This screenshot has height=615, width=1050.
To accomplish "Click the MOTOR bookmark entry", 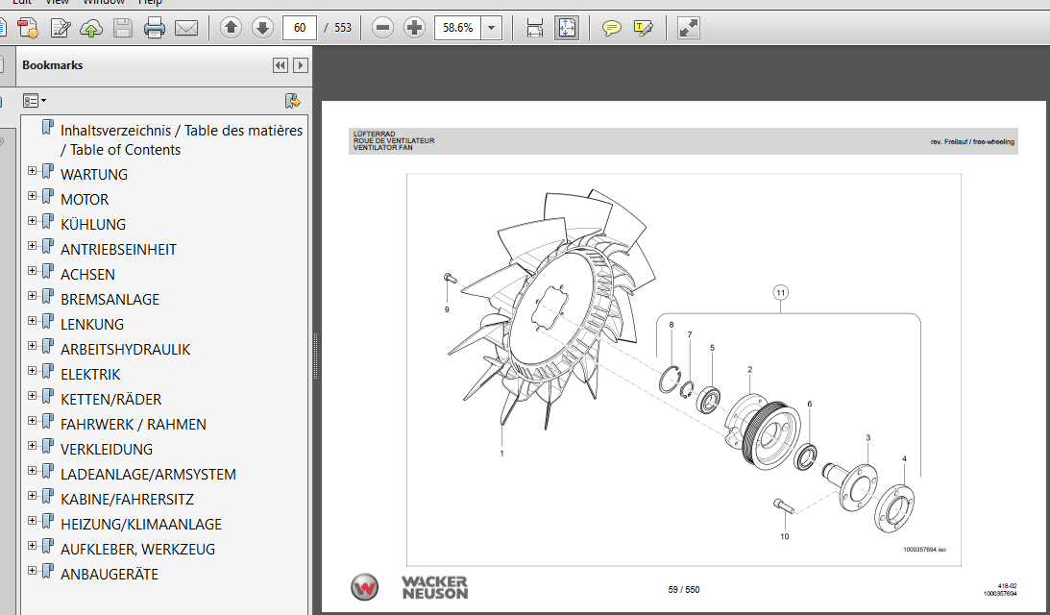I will point(85,200).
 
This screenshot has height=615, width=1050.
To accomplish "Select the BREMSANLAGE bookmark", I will point(110,300).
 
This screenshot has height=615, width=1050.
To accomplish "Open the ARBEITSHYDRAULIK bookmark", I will point(125,350).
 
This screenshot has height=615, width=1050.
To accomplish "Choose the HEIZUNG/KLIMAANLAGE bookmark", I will point(140,525).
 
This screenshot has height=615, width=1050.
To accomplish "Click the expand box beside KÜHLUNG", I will point(33,221).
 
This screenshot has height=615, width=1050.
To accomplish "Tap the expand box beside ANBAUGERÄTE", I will point(33,571).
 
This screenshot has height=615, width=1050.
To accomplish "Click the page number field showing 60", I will point(300,28).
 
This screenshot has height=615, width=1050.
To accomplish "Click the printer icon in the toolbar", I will point(155,28).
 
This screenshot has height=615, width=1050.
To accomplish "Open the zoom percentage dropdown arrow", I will point(492,28).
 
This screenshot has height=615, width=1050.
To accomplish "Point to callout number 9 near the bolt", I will point(447,309).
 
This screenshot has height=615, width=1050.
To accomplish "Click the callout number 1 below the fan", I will point(501,452).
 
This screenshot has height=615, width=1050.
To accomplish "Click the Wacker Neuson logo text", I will point(434,587).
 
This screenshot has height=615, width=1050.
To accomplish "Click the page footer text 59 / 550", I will point(683,589).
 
